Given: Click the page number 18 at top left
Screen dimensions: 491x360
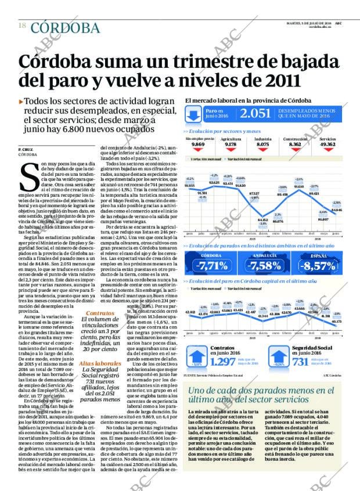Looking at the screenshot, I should coord(21,26).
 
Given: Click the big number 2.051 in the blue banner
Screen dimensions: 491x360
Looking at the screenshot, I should coord(256,114).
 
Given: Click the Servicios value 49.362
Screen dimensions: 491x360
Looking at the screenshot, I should coord(328,145).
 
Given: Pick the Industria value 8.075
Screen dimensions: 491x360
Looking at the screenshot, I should coord(263,145).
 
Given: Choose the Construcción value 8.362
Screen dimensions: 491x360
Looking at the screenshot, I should coord(295,145).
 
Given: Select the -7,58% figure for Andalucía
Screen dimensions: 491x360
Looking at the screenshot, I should coord(265,266).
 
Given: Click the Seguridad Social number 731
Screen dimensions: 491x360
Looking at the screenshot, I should coord(300,362).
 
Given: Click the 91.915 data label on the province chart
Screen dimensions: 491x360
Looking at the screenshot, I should coord(189,185).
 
